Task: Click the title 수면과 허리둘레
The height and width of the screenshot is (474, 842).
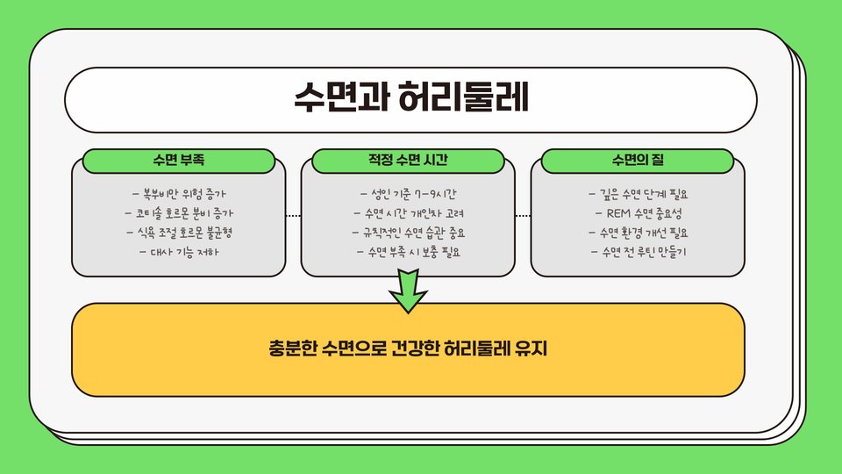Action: (x=410, y=98)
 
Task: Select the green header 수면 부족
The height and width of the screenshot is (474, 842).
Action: (x=179, y=161)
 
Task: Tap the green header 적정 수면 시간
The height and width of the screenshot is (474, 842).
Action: (x=409, y=161)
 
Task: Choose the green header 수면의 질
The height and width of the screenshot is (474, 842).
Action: (x=638, y=161)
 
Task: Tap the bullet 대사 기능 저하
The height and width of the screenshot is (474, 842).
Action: (x=179, y=253)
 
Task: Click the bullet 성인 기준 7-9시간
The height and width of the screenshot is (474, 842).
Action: (x=409, y=193)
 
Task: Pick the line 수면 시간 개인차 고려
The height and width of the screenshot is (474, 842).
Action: (x=409, y=213)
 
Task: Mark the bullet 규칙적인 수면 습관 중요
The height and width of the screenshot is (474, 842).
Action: (x=409, y=233)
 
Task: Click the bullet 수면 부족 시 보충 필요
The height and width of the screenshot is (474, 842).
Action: (x=409, y=253)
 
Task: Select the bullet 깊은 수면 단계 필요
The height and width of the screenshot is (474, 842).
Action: (x=638, y=193)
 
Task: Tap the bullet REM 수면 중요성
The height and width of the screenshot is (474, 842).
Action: (x=638, y=213)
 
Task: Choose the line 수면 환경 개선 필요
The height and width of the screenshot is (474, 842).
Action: (x=638, y=233)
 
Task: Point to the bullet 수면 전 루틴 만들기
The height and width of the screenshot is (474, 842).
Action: (x=638, y=253)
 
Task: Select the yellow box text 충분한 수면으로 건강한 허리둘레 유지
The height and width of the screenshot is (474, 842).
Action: (x=408, y=348)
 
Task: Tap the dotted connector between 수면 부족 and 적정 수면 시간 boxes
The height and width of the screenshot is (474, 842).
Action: (x=294, y=215)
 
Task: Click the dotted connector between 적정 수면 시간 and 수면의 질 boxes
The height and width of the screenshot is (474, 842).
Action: (x=523, y=215)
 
